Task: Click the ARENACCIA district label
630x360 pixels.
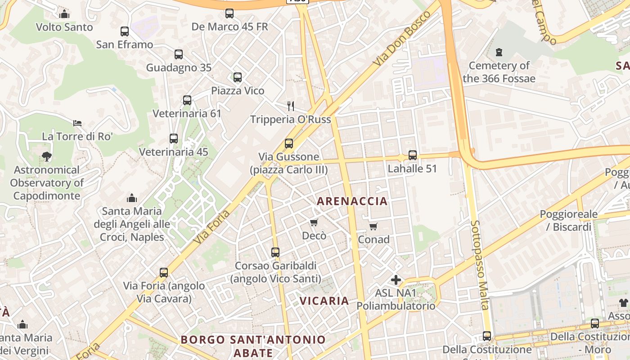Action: (x=352, y=201)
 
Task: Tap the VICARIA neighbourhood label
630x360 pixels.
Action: (x=324, y=301)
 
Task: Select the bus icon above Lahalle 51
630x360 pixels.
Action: (x=412, y=155)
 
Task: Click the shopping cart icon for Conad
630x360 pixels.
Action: (x=373, y=226)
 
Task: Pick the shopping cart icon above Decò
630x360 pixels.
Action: (x=314, y=222)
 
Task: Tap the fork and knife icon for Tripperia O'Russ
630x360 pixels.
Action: (x=291, y=106)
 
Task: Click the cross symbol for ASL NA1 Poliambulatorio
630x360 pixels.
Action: (x=396, y=280)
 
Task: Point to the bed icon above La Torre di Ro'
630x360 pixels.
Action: (x=77, y=123)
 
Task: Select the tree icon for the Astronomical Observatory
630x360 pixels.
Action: (x=46, y=157)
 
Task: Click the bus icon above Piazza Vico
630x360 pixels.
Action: (x=238, y=77)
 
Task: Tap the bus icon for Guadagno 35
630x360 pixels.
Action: (x=179, y=54)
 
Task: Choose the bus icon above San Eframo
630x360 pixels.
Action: (x=125, y=31)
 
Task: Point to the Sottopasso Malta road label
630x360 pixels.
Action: (x=479, y=265)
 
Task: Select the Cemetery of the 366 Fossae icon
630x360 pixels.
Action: (x=499, y=52)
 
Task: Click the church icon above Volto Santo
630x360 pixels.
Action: (x=64, y=14)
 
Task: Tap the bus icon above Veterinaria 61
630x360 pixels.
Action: (x=187, y=100)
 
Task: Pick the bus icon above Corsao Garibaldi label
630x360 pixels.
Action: (x=275, y=252)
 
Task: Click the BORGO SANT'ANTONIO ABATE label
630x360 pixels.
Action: (x=253, y=346)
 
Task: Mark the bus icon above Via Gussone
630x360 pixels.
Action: (x=289, y=144)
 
